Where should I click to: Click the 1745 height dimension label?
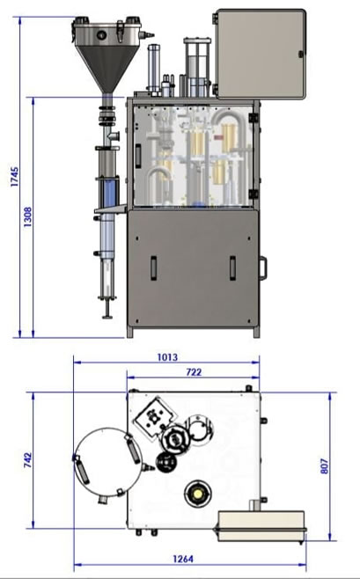pos(14,177)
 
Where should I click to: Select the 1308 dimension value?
pos(27,216)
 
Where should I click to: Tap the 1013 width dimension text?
pos(167,357)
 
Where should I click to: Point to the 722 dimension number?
pos(194,372)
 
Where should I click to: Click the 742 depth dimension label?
pos(27,460)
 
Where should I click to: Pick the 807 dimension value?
pos(324,466)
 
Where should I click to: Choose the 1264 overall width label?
pos(183,559)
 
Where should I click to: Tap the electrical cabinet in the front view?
pos(261,55)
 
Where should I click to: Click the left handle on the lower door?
pos(154,268)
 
